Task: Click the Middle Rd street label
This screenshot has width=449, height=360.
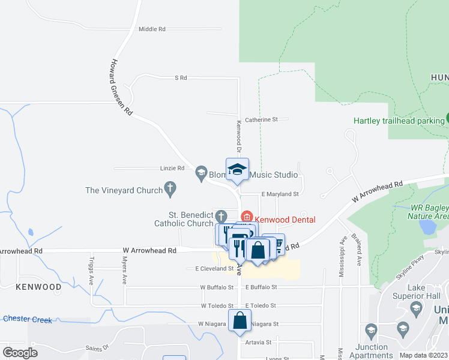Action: [x=151, y=29]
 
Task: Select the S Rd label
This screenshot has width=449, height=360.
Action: [x=181, y=78]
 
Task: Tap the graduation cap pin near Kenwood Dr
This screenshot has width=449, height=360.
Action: [x=237, y=170]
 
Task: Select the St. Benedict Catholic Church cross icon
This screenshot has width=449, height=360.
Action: [x=221, y=216]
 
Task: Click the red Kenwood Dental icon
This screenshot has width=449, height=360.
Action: [x=246, y=216]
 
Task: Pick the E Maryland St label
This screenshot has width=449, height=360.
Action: [x=280, y=194]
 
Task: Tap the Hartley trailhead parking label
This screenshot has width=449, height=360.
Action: [x=398, y=121]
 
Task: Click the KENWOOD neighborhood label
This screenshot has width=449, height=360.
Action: [x=39, y=287]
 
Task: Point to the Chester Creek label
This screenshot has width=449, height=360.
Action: [x=28, y=319]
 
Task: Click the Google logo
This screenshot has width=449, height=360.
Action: [x=20, y=352]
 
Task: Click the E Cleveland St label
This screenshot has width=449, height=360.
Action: [x=210, y=268]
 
